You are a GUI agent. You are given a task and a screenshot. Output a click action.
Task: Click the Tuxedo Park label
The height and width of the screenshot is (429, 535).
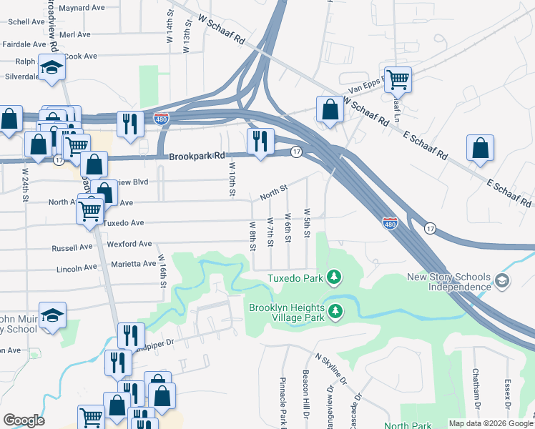tap(295, 277)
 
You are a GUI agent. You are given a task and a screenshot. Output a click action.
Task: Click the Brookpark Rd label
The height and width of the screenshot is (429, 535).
tap(197, 155)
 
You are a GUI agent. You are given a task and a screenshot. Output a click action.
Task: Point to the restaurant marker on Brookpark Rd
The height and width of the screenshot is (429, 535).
tap(260, 141)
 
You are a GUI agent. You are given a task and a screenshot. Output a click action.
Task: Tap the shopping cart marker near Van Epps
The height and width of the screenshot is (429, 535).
tap(398, 79)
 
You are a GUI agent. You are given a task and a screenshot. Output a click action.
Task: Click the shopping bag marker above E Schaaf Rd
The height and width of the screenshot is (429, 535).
tap(480, 147)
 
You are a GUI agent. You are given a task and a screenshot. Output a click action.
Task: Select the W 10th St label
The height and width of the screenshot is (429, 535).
tap(232, 179)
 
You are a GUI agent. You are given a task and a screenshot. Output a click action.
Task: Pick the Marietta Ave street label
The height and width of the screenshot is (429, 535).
tap(133, 264)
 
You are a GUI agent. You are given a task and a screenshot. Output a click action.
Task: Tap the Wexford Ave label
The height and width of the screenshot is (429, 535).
tap(129, 244)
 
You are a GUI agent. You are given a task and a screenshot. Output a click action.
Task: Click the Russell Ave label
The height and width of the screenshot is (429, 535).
tap(72, 248)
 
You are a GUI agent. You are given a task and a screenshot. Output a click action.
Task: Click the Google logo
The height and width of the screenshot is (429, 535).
tap(24, 420)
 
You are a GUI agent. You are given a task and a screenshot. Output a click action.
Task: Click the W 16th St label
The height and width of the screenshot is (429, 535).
tap(162, 271)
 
